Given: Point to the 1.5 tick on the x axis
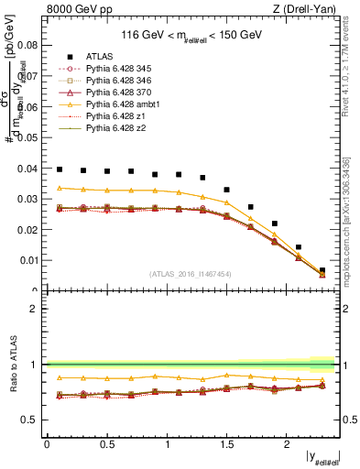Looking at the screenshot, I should click(x=226, y=445).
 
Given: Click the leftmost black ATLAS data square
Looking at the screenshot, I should click(x=60, y=169).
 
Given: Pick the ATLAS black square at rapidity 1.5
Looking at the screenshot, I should click(x=226, y=190).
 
